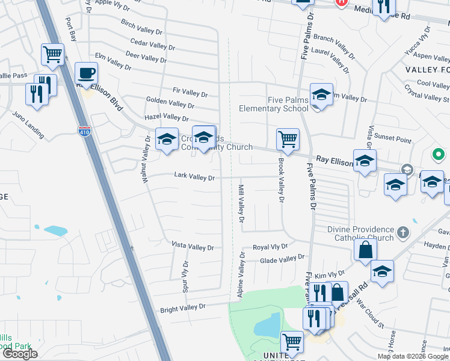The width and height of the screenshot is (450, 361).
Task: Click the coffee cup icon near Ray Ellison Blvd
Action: (x=86, y=73)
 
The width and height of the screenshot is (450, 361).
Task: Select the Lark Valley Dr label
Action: (x=194, y=177)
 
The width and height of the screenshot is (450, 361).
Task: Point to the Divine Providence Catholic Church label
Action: (x=360, y=233)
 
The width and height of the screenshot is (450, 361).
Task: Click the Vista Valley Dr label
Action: (x=193, y=247)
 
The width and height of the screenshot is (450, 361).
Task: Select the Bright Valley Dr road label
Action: (x=182, y=309)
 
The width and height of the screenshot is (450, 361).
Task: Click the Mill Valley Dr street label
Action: (x=241, y=204)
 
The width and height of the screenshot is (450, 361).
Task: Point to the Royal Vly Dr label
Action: (x=270, y=247)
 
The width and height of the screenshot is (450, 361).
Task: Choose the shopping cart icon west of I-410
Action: (x=53, y=54)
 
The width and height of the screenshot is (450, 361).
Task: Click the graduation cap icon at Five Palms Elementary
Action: (x=321, y=95)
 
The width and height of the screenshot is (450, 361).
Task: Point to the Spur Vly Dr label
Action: (x=185, y=276)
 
